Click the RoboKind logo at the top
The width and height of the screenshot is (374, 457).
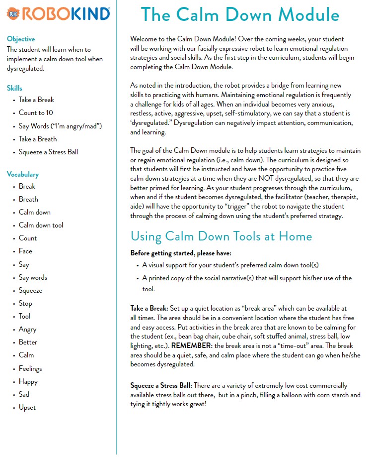click(59, 14)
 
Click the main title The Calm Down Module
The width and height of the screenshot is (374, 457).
click(240, 15)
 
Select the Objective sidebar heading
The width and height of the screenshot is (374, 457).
click(21, 39)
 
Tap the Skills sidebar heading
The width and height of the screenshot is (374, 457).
click(14, 88)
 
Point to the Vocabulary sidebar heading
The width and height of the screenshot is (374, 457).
click(22, 174)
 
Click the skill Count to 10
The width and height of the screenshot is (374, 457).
click(36, 113)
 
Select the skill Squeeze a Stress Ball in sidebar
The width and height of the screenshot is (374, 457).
click(48, 152)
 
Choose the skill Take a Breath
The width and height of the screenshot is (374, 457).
click(38, 139)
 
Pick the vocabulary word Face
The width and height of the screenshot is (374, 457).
click(25, 251)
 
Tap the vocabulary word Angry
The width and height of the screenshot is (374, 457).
click(27, 329)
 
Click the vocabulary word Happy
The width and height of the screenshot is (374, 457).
click(28, 381)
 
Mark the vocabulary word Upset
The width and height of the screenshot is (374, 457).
click(27, 407)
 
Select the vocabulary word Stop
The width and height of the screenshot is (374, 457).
click(25, 303)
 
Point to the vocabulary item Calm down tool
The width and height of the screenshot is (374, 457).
click(41, 225)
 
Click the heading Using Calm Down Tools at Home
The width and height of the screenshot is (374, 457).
click(221, 236)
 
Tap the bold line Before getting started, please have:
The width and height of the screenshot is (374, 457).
click(180, 253)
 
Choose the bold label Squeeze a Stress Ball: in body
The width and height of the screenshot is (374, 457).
click(161, 385)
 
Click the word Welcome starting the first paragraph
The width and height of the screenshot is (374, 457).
click(145, 38)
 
